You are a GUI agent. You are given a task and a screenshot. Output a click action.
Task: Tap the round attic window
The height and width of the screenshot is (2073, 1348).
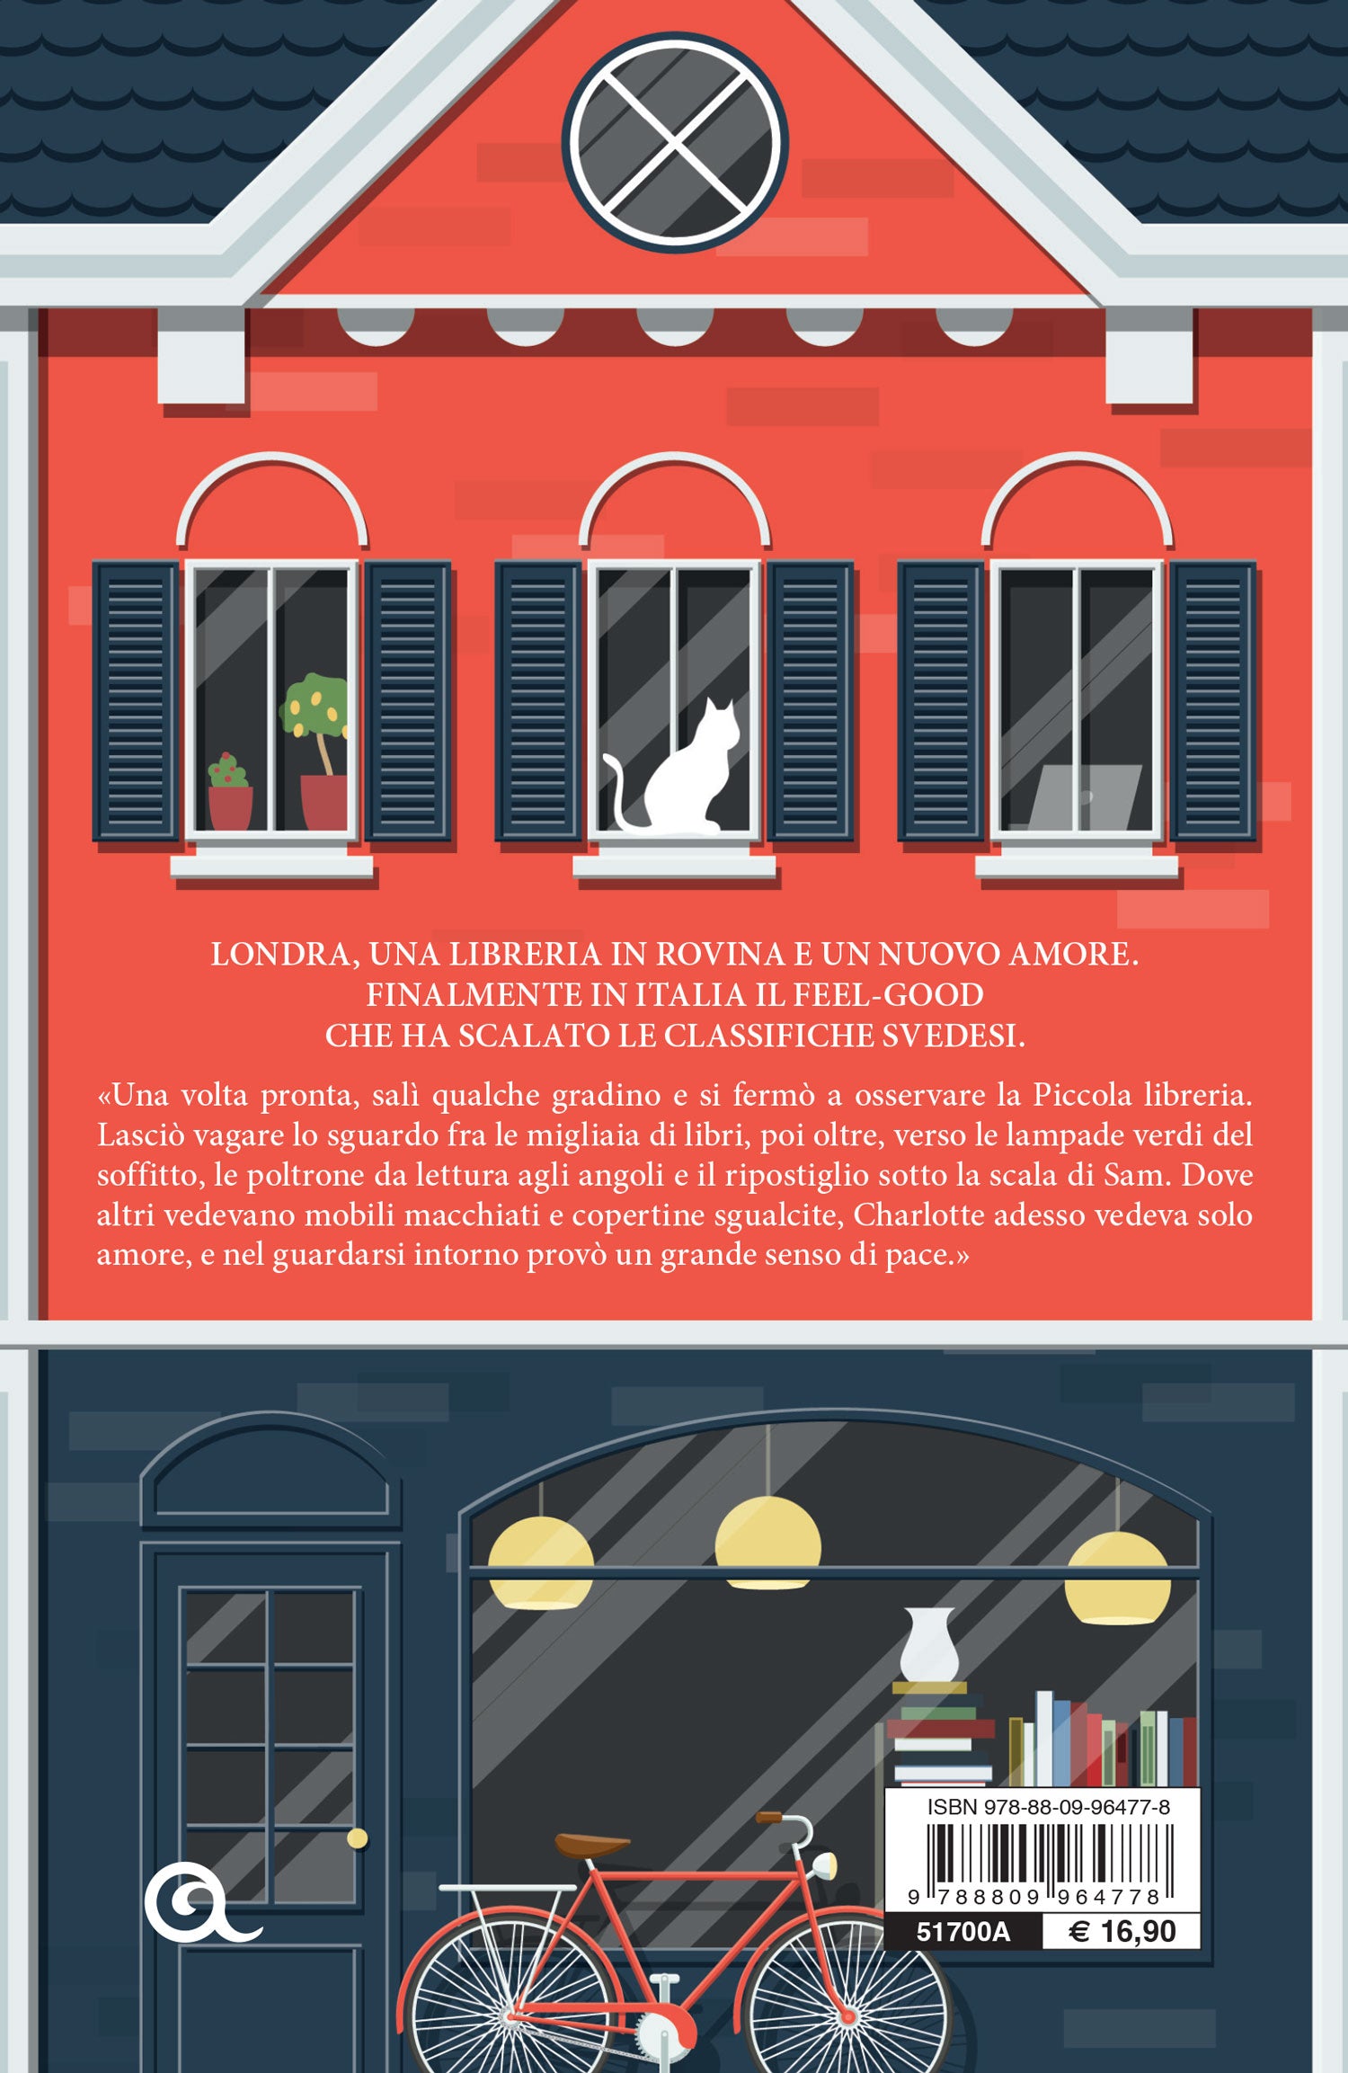tap(675, 142)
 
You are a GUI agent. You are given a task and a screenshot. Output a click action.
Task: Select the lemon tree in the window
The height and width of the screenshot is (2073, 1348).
tap(315, 751)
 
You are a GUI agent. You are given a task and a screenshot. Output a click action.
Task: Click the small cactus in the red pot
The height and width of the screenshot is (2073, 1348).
tap(230, 792)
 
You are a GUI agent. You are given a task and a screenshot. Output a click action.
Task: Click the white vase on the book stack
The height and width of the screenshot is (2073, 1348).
tap(929, 1644)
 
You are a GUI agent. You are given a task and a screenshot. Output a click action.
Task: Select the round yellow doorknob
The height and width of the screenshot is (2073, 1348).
tap(358, 1838)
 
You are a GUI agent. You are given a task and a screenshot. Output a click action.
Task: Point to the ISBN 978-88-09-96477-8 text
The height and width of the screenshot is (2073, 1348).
tap(1048, 1807)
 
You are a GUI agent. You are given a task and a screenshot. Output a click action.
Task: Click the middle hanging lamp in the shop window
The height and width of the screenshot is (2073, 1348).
tap(767, 1543)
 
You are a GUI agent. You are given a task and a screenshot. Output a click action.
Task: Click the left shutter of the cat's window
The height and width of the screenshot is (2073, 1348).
tap(538, 701)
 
